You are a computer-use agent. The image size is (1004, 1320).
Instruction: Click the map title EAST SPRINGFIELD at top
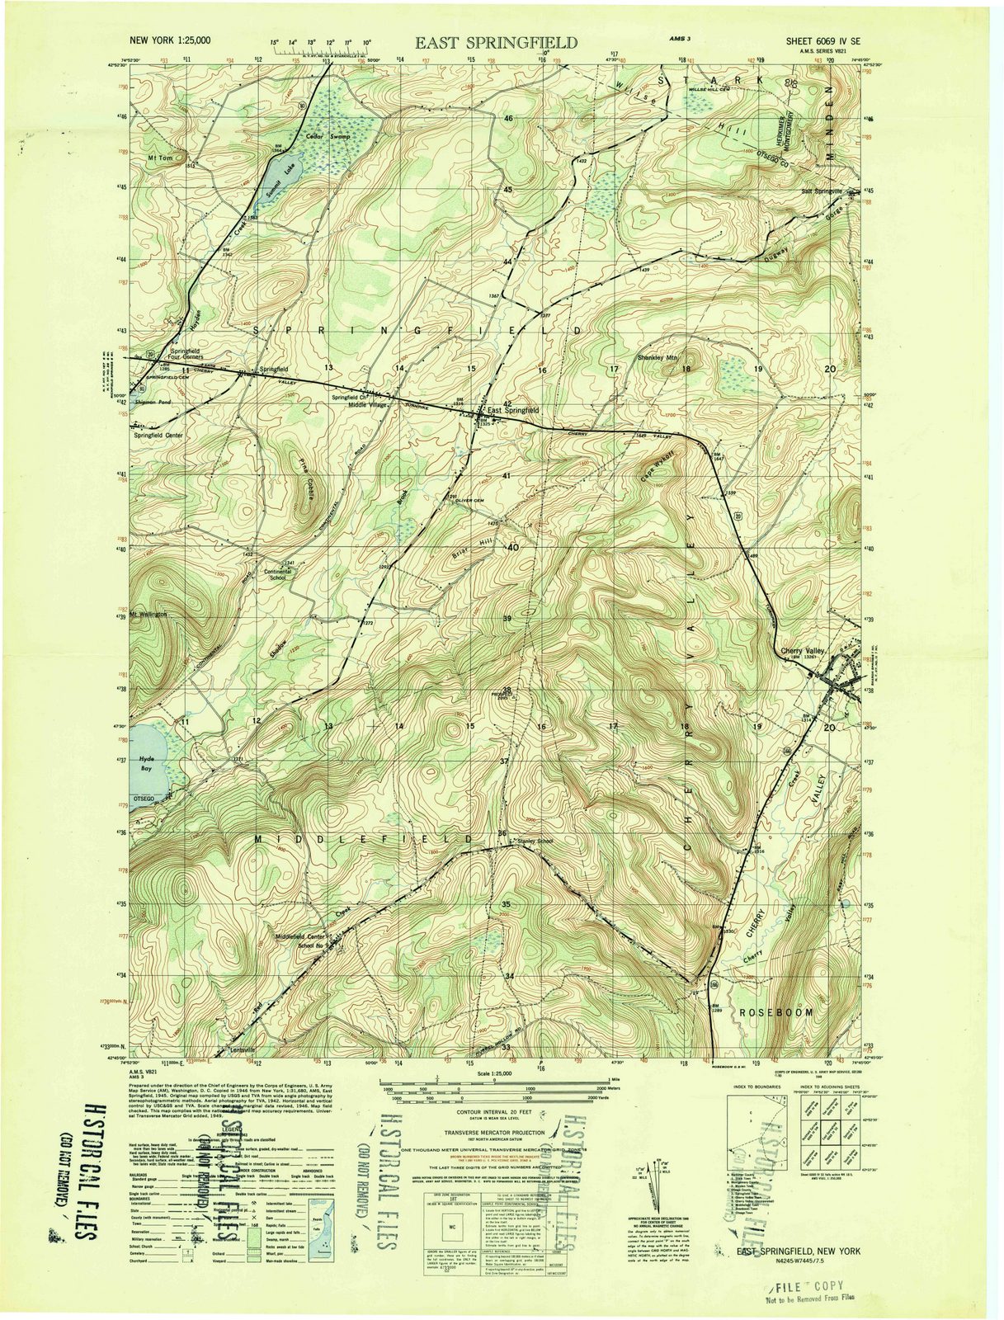click(x=496, y=43)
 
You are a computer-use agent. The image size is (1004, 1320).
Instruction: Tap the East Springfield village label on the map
click(x=512, y=409)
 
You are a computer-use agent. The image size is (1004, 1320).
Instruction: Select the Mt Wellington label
click(x=148, y=615)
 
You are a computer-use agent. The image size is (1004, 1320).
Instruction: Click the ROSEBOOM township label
click(x=776, y=1011)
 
